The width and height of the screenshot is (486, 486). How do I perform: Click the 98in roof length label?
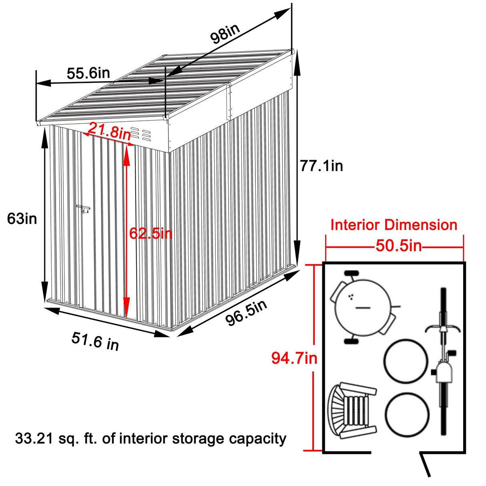[x=225, y=34]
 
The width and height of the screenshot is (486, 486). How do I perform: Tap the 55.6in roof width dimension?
[x=88, y=73]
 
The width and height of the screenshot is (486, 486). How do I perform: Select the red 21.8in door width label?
[x=109, y=131]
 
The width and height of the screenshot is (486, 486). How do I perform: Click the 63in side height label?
[x=22, y=219]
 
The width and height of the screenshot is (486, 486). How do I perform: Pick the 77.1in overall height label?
[x=321, y=166]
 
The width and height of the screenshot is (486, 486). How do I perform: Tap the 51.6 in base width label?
[x=95, y=341]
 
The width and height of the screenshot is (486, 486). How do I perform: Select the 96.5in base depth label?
[x=246, y=313]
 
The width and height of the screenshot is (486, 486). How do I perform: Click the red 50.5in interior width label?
[x=398, y=246]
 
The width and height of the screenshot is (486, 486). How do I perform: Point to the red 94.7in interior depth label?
[x=294, y=358]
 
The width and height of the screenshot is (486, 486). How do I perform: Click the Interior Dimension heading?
[x=394, y=225]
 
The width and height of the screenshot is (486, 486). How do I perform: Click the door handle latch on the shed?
[x=83, y=209]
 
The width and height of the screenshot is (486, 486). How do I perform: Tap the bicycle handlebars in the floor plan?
[x=443, y=329]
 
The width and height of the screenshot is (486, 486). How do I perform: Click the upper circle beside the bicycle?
[x=406, y=361]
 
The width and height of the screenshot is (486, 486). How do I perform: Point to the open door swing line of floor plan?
[x=425, y=465]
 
